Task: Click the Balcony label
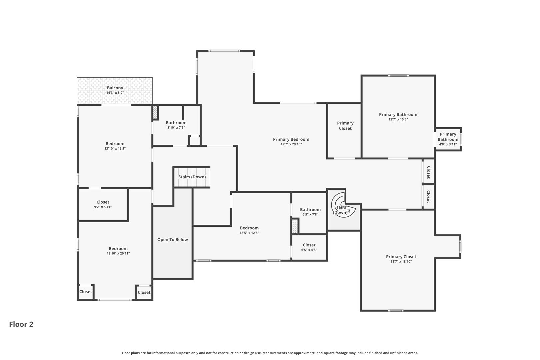coord(115,88)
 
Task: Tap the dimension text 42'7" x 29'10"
coord(291,144)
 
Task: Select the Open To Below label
coord(173,240)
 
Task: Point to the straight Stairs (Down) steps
coord(192,177)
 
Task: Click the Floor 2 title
coord(21,324)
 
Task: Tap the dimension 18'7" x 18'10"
coord(401,262)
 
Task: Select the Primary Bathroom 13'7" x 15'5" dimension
coord(398,119)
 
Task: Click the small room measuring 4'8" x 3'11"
coord(448,139)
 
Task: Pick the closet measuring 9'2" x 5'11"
coord(103,204)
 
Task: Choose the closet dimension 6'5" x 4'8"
coord(309,250)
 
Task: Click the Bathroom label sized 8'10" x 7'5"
coord(176,123)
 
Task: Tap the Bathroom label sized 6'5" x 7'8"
coord(310,210)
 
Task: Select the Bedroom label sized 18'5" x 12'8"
coord(249,228)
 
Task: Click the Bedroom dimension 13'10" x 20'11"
coord(118,253)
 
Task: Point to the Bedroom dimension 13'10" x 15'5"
coord(115,149)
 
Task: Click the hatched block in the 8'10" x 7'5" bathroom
coord(155,112)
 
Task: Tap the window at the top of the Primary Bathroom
coord(398,76)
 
